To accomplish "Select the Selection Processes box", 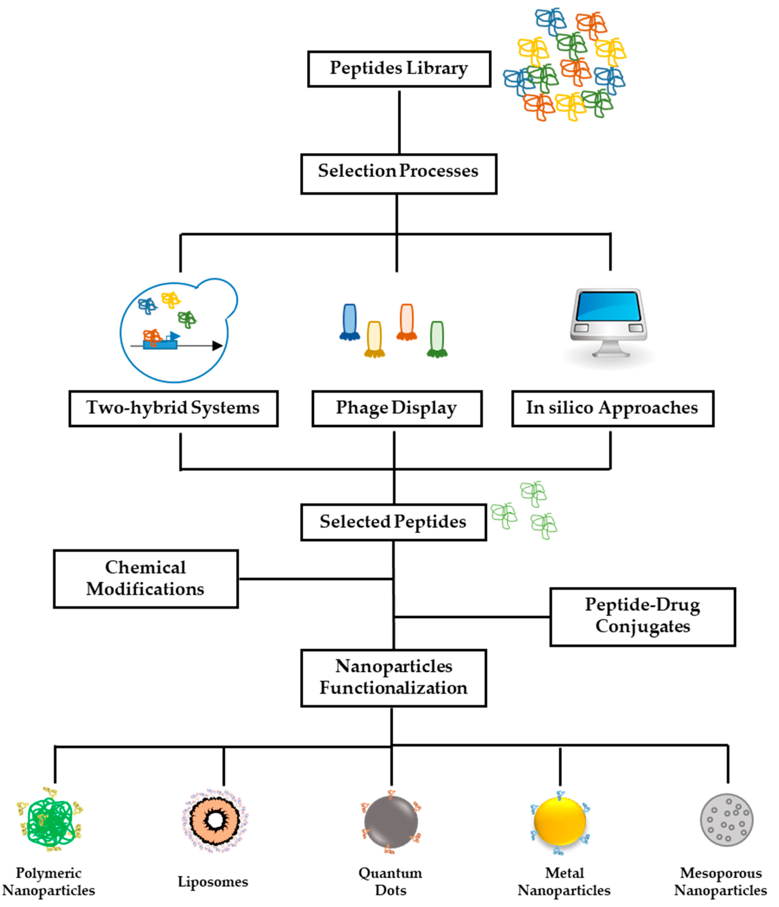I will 398,173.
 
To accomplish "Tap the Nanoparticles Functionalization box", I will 393,677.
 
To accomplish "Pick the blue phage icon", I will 349,322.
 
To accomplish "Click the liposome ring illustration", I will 215,821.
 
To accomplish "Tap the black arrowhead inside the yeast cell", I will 217,346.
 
